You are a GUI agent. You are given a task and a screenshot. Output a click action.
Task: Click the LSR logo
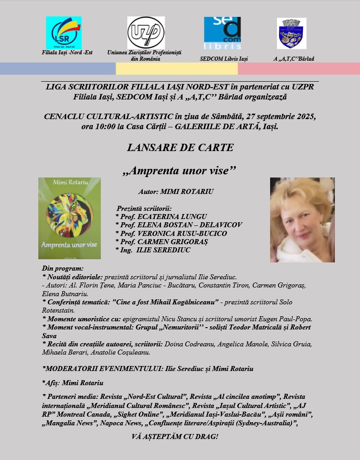pyautogui.click(x=64, y=32)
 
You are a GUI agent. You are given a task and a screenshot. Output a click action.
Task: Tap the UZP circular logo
pyautogui.click(x=146, y=32)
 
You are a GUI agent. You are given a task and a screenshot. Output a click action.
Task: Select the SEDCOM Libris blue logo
pyautogui.click(x=222, y=33)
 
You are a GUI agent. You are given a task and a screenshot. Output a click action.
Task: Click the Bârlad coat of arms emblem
pyautogui.click(x=292, y=33)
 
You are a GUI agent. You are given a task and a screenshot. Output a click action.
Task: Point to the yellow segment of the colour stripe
pyautogui.click(x=177, y=68)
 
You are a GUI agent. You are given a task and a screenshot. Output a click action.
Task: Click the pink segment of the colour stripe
pyautogui.click(x=299, y=68)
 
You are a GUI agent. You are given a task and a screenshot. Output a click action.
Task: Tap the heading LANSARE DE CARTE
pyautogui.click(x=180, y=147)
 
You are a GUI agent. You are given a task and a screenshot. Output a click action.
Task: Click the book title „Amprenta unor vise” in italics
pyautogui.click(x=180, y=171)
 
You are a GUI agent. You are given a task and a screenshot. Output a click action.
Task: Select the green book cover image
pyautogui.click(x=69, y=219)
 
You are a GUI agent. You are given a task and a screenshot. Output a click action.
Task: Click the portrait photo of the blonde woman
pyautogui.click(x=302, y=220)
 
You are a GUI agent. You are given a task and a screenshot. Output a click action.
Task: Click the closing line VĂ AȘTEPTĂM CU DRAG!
pyautogui.click(x=175, y=437)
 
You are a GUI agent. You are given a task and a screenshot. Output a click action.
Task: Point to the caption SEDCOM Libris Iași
pyautogui.click(x=224, y=59)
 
